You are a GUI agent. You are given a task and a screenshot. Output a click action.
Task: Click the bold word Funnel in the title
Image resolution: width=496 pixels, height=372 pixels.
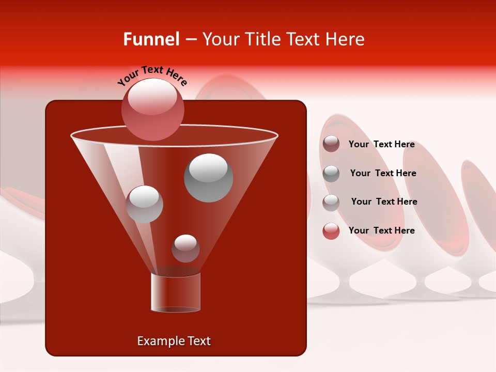151,39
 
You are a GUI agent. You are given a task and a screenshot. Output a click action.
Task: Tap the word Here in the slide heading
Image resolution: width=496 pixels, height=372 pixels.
346,39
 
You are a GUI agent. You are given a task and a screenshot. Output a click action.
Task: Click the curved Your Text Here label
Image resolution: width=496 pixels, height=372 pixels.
152,76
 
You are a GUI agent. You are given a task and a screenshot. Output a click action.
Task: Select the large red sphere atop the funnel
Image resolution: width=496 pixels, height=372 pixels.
153,109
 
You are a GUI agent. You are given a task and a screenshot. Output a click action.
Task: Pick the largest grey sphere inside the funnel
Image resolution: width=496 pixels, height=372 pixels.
209,177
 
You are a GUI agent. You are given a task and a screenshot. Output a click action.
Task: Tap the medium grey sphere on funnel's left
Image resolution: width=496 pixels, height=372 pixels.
145,204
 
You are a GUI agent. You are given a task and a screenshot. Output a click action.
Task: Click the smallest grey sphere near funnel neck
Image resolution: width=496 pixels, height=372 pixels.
185,248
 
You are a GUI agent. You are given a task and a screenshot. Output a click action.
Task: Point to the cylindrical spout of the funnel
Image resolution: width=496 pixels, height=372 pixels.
176,292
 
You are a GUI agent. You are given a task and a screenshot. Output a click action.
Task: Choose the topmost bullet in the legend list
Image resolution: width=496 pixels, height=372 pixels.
331,144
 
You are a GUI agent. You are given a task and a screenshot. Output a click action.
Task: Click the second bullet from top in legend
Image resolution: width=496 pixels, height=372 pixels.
331,173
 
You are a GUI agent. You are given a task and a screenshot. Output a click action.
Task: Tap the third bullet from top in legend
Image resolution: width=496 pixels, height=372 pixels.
331,202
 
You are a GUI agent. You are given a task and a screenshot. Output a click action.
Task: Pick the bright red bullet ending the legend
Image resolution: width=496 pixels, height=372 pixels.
331,231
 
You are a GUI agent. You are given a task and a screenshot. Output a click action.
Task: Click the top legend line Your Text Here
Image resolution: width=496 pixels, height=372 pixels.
381,145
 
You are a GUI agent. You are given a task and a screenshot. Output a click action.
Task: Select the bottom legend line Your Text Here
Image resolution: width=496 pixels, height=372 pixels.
381,230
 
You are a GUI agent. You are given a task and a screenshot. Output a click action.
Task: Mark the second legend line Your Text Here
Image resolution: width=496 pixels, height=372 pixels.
383,173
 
